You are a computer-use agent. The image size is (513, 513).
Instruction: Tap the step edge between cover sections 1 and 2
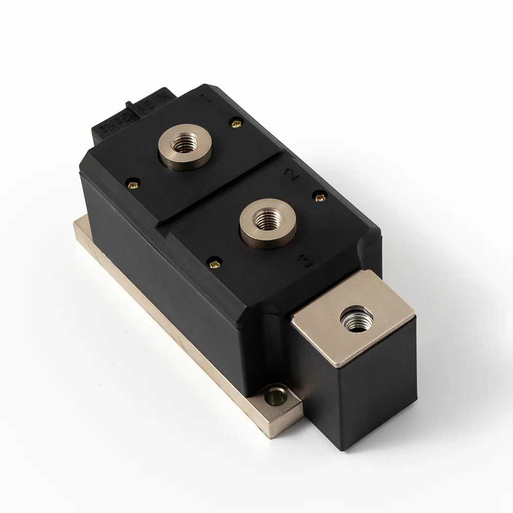[x=226, y=198]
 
